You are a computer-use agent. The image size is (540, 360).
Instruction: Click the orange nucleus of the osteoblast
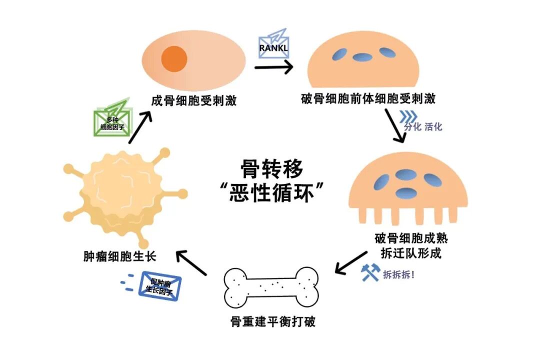(174, 58)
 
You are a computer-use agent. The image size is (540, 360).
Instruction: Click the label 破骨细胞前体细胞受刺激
(368, 98)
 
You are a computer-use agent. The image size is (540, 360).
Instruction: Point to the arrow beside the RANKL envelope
(273, 66)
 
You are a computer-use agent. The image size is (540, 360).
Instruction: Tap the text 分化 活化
(423, 126)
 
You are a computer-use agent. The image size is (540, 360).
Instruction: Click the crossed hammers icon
(369, 272)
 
